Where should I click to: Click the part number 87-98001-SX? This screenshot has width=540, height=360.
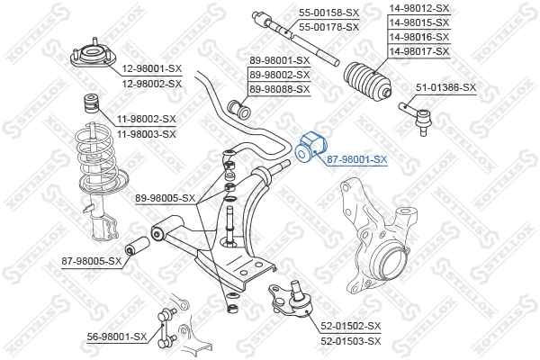pyautogui.click(x=356, y=159)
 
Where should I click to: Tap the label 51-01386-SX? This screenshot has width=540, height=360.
pyautogui.click(x=445, y=87)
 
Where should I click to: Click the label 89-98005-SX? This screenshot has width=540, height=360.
pyautogui.click(x=165, y=197)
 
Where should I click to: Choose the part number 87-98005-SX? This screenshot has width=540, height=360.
pyautogui.click(x=91, y=261)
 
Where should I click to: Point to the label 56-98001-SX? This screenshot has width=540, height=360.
pyautogui.click(x=116, y=336)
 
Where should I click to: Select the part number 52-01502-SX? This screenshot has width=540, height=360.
pyautogui.click(x=351, y=326)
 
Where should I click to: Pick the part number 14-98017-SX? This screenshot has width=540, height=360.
pyautogui.click(x=418, y=52)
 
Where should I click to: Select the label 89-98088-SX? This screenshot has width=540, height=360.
pyautogui.click(x=279, y=89)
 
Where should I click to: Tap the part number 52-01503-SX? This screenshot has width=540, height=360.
pyautogui.click(x=351, y=340)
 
